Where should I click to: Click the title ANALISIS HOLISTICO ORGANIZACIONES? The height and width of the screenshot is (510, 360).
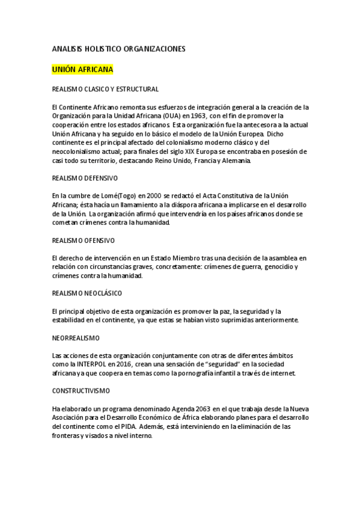[119, 48]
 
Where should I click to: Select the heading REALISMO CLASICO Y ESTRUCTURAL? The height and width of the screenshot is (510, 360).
[106, 89]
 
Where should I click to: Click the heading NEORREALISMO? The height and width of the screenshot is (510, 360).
[76, 338]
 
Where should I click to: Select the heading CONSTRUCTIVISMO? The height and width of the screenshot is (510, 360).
[81, 391]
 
